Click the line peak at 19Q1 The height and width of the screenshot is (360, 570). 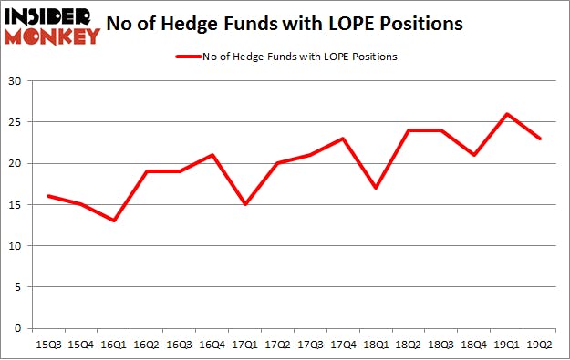click(506, 114)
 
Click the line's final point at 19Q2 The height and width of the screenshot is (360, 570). click(538, 139)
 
